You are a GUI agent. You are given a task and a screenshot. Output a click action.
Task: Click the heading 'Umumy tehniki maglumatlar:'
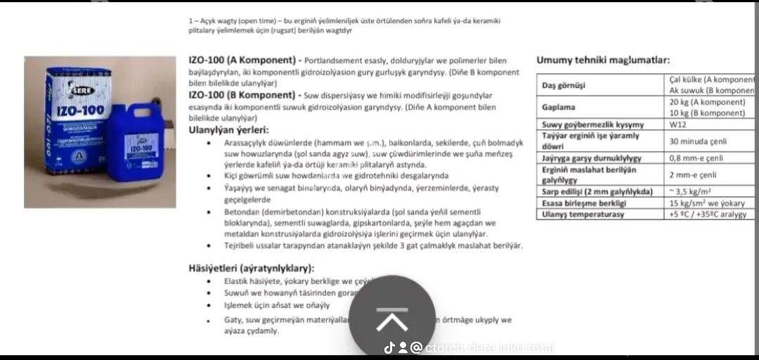click(602, 60)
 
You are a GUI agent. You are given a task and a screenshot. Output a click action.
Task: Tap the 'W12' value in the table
click(677, 124)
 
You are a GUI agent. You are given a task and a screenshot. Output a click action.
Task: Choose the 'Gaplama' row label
click(558, 108)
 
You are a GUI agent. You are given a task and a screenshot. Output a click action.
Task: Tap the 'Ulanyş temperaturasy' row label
click(583, 214)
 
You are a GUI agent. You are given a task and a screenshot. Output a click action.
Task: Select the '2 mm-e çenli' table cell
click(693, 174)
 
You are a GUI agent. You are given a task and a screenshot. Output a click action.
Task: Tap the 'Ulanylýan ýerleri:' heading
click(229, 129)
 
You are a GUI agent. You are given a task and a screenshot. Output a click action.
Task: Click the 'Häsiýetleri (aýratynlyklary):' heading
click(251, 268)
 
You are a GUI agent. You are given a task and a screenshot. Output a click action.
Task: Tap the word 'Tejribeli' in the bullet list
click(240, 245)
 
